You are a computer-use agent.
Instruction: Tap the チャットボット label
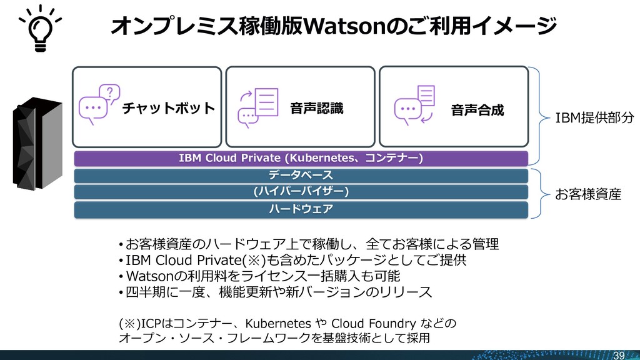[168, 109]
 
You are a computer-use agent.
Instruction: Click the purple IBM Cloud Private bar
[301, 157]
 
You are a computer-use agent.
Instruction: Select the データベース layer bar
[301, 174]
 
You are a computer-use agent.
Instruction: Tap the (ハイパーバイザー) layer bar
[301, 191]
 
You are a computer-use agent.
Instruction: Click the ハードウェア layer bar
[301, 209]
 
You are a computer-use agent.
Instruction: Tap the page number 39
[619, 354]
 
